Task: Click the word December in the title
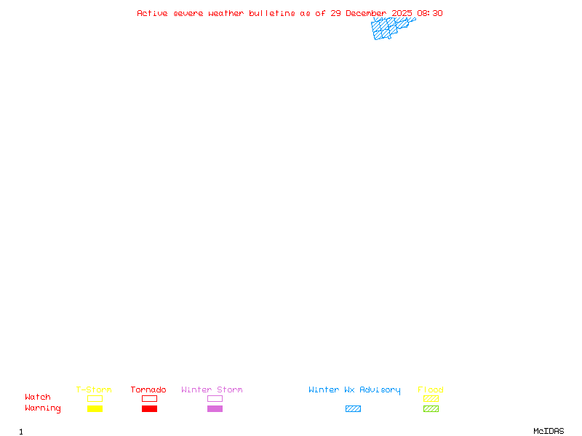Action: [366, 13]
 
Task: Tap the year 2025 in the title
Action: [402, 13]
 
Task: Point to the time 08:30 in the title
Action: [429, 13]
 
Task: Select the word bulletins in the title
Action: [271, 13]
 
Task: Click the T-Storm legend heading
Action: [94, 389]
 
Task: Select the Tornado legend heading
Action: [148, 389]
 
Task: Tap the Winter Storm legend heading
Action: [212, 389]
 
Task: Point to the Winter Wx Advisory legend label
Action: [354, 390]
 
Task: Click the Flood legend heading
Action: [431, 389]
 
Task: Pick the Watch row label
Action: [38, 397]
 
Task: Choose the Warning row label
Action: [43, 408]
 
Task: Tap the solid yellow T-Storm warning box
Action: [95, 408]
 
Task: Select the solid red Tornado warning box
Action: [150, 408]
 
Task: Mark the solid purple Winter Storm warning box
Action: [215, 408]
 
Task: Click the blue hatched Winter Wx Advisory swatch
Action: [353, 408]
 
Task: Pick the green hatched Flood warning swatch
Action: [431, 408]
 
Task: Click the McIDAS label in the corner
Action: [549, 431]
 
